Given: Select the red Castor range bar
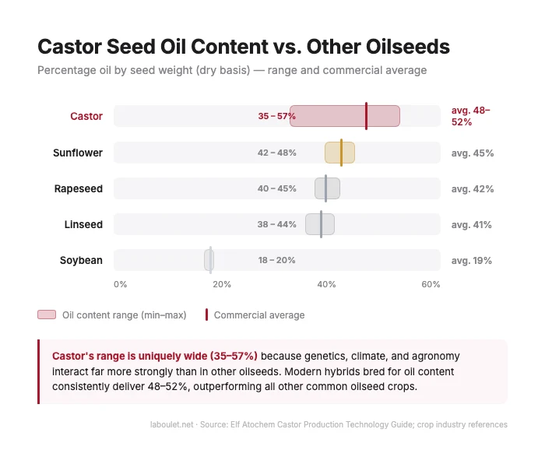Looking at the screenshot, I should click(x=344, y=116).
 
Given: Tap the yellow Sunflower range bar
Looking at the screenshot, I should click(x=339, y=153).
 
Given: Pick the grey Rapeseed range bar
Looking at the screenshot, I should click(x=327, y=188).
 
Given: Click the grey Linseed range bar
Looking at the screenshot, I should click(x=319, y=224).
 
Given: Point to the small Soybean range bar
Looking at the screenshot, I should click(x=209, y=260).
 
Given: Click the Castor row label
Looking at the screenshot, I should click(x=86, y=116).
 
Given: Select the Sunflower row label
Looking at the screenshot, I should click(x=77, y=153).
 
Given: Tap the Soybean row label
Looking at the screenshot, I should click(x=81, y=260).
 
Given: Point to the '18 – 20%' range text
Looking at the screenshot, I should click(x=276, y=260).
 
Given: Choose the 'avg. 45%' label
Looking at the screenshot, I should click(x=472, y=153).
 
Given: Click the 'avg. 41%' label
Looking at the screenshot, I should click(x=471, y=224).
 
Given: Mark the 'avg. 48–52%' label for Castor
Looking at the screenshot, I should click(x=471, y=116).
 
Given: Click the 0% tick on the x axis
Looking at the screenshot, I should click(x=120, y=284).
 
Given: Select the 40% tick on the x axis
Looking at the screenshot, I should click(x=326, y=284).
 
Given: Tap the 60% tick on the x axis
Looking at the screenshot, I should click(x=431, y=284).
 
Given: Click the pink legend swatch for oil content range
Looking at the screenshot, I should click(x=47, y=315).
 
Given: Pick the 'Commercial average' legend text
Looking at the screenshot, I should click(x=258, y=315).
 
